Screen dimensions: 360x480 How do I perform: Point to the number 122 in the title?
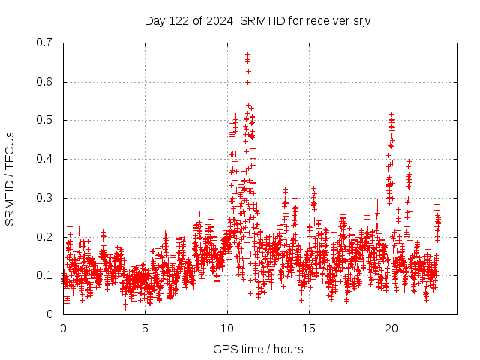(x=178, y=20)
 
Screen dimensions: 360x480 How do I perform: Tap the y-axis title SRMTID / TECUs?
(x=10, y=179)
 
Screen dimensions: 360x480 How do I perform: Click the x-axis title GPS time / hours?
(x=259, y=349)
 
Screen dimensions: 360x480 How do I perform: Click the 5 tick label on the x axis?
(x=145, y=328)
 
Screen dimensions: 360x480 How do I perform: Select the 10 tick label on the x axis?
(x=226, y=328)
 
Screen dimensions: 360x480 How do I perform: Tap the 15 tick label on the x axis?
(x=308, y=328)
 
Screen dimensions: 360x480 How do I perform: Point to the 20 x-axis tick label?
(x=391, y=328)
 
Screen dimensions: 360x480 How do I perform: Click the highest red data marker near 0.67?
(x=247, y=55)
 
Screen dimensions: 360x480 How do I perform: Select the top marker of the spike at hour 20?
(x=391, y=114)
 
